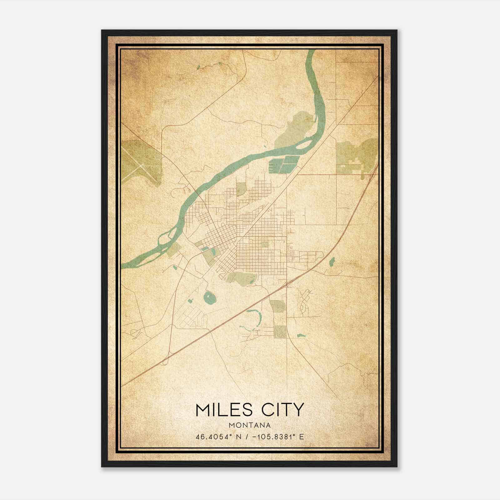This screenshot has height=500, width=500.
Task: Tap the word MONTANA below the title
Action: click(x=250, y=425)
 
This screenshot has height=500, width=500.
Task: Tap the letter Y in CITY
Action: click(x=298, y=410)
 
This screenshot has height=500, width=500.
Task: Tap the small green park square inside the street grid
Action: click(x=265, y=244)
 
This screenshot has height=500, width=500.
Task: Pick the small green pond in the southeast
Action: click(x=301, y=336)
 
